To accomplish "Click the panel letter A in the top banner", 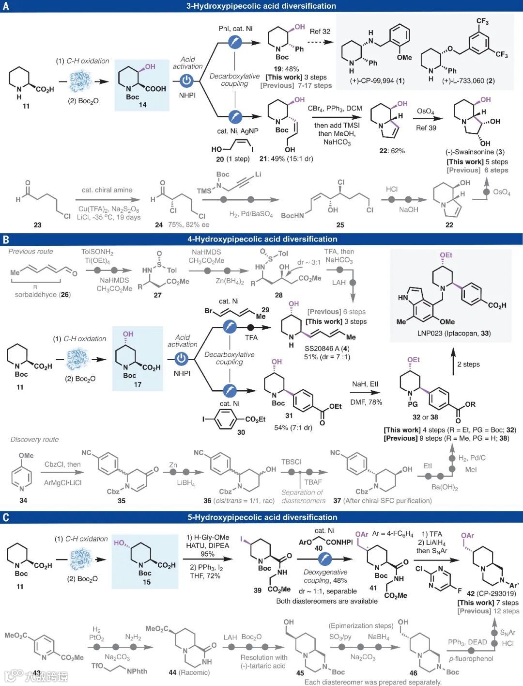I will [5, 6].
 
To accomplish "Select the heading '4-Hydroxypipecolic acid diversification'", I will [262, 239].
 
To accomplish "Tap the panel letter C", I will [6, 517].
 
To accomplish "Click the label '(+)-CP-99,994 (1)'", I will [377, 81].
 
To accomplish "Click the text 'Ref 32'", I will [320, 32].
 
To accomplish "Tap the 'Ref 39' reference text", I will [426, 128].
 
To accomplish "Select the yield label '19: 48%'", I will [287, 69].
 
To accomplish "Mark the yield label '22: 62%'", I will [392, 151].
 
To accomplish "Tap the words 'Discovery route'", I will [34, 440].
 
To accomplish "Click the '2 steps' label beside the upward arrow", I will [468, 364].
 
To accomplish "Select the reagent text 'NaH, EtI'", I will [365, 384].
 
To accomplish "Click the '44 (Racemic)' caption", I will [189, 672].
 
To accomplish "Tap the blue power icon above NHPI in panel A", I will [187, 81].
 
